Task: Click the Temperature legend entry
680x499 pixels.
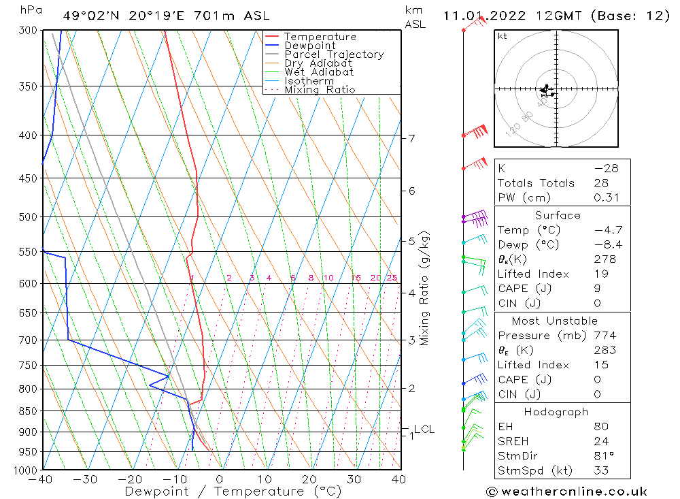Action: (x=320, y=37)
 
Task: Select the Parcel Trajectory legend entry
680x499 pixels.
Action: (x=334, y=54)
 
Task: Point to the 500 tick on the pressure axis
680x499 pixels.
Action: (x=29, y=217)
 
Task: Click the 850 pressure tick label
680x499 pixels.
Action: (x=29, y=411)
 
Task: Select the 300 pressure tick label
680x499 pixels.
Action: (x=29, y=31)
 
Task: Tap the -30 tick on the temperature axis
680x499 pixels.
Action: (x=86, y=479)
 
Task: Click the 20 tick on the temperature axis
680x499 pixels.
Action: (x=309, y=479)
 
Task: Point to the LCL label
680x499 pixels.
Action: (x=424, y=430)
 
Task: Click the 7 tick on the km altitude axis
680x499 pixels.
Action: (x=411, y=139)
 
